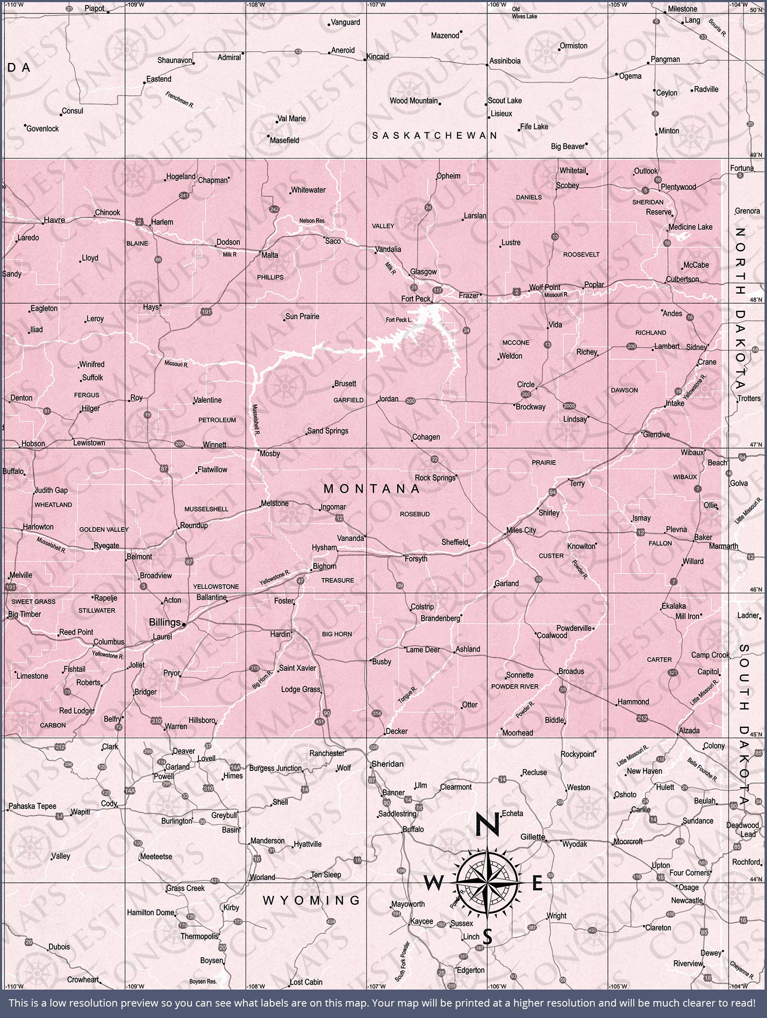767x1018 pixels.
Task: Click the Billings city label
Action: click(164, 622)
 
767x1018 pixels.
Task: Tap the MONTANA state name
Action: click(372, 489)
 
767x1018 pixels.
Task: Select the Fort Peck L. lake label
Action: click(399, 320)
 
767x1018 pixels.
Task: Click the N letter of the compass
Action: click(487, 825)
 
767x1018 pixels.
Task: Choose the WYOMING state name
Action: click(312, 901)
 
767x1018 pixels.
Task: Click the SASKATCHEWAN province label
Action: click(434, 135)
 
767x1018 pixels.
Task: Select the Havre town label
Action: click(54, 220)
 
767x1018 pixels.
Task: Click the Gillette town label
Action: click(533, 837)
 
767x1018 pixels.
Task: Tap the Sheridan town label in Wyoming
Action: click(387, 764)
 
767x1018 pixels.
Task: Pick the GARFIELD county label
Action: click(349, 400)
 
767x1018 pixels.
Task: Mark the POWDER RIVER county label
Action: click(515, 686)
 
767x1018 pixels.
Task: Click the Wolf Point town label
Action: click(545, 287)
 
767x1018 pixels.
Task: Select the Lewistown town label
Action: click(90, 443)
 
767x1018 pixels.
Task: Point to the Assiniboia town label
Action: click(505, 61)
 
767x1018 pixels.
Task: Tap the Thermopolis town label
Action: click(199, 937)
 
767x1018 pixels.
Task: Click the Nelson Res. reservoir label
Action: click(312, 221)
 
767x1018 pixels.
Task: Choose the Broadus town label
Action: click(571, 671)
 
